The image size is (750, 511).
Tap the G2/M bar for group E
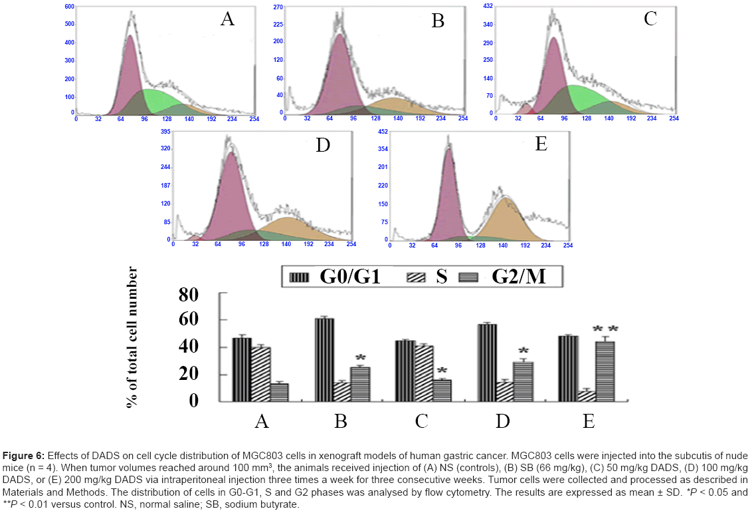point(605,371)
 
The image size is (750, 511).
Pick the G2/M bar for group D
point(523,381)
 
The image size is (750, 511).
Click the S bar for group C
point(423,373)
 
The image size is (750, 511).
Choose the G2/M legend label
point(519,276)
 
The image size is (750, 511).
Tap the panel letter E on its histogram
point(541,144)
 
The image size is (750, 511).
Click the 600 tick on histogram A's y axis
point(69,7)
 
